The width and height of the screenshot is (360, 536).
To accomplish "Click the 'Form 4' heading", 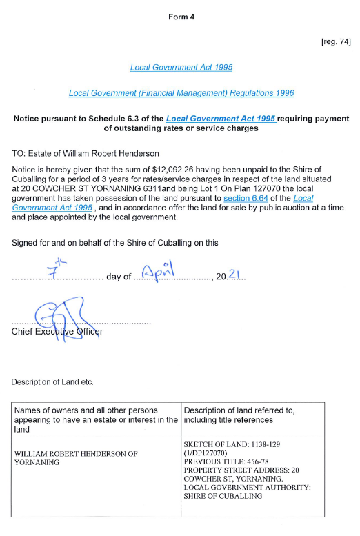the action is [181, 17].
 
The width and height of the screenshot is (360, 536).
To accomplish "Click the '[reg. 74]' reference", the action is [336, 42].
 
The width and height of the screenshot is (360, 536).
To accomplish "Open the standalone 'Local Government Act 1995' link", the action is [181, 68].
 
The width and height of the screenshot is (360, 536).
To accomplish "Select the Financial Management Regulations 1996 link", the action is [181, 93].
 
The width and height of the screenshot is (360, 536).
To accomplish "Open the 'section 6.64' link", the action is [248, 198].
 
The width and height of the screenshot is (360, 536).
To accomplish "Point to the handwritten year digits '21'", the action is [234, 275].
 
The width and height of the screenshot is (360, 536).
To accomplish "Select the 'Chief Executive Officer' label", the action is [57, 332].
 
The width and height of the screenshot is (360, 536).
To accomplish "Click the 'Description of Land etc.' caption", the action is [52, 381].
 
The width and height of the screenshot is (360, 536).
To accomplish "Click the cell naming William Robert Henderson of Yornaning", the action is [76, 458].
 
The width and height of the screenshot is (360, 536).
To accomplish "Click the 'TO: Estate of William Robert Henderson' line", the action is [86, 153].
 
